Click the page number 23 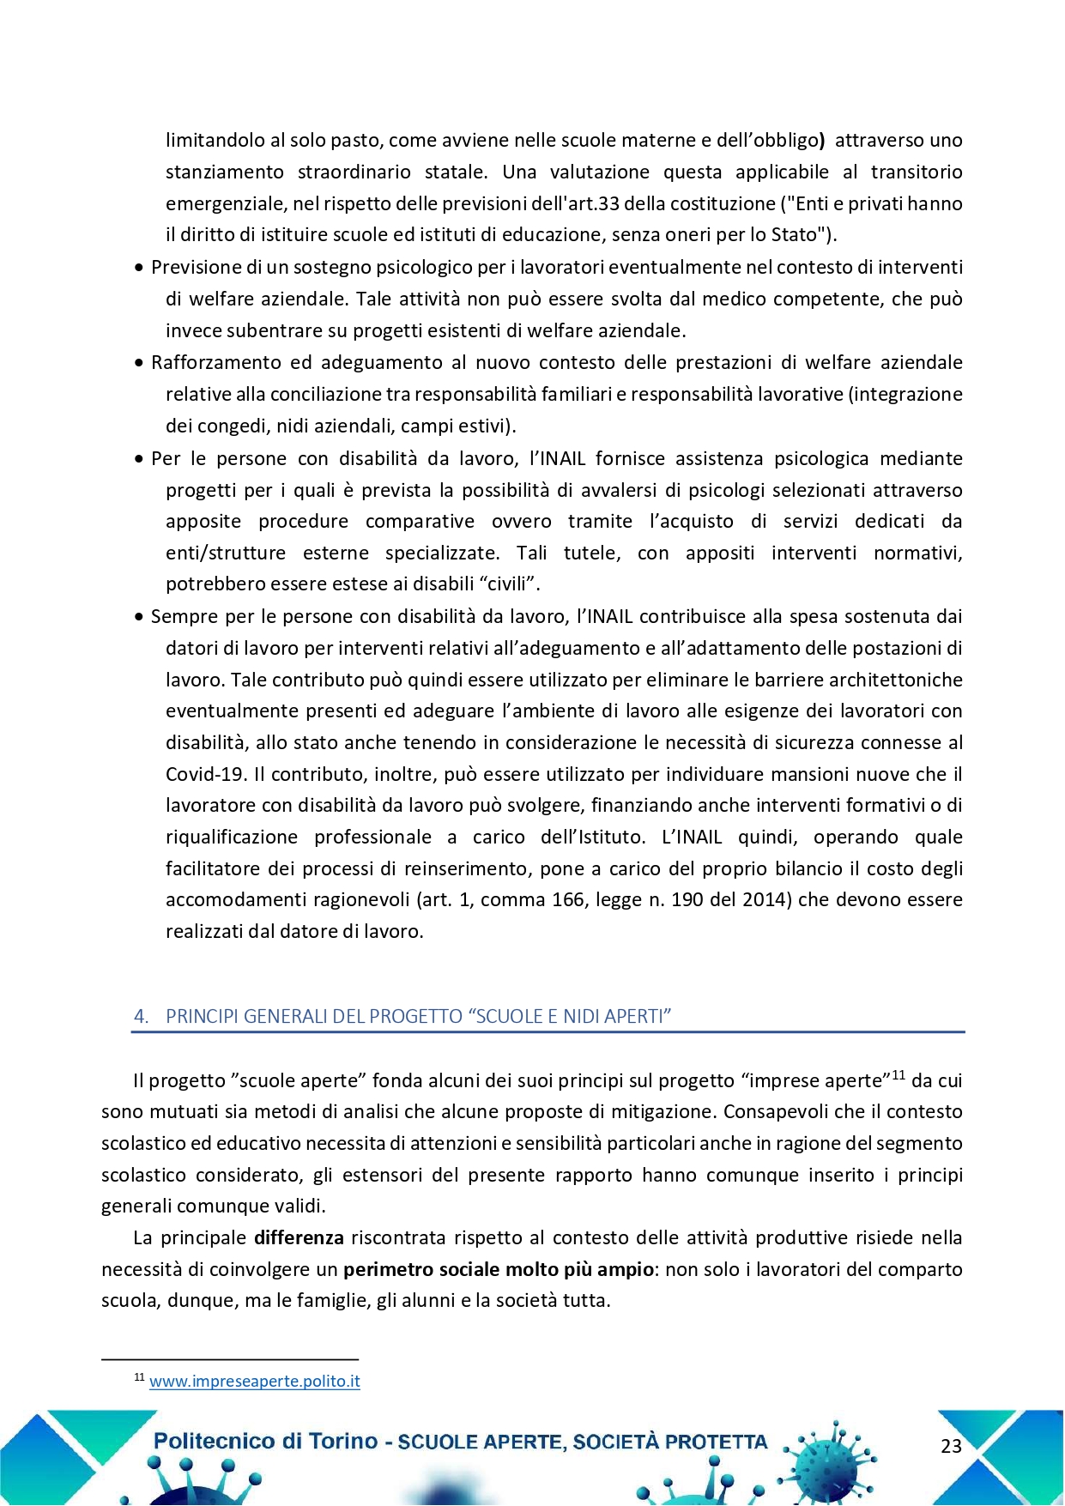(x=951, y=1446)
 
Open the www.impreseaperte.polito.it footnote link (x=254, y=1382)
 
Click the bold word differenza (x=299, y=1237)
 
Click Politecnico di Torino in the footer (x=264, y=1442)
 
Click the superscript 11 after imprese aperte (x=898, y=1075)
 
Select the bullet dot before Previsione (x=139, y=269)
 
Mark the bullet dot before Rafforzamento (x=139, y=364)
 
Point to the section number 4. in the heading (x=142, y=1016)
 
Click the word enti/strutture (x=225, y=553)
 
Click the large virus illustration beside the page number (x=831, y=1459)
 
